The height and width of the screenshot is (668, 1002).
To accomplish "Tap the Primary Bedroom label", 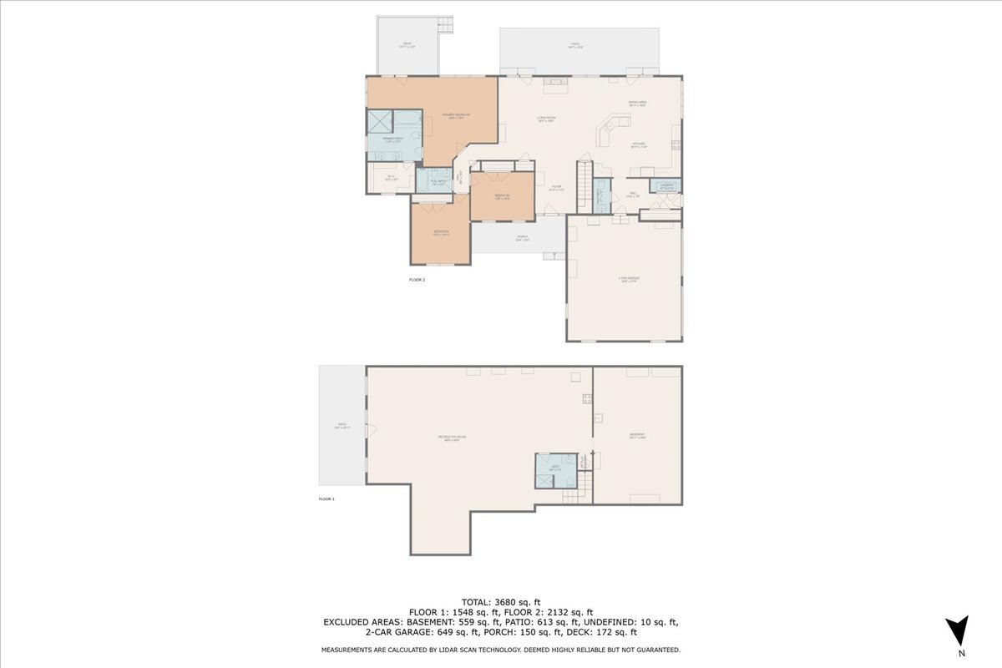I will (456, 116).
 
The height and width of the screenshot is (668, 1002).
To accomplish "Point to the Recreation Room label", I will (451, 438).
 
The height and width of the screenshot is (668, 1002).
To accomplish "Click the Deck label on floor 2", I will (407, 45).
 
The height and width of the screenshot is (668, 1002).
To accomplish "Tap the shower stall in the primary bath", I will (380, 122).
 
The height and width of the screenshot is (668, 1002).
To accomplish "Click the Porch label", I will (522, 238).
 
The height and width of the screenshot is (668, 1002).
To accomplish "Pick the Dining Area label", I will (638, 104).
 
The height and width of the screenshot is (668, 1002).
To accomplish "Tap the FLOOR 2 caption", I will (417, 280).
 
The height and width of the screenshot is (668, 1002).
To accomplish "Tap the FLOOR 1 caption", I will (326, 498).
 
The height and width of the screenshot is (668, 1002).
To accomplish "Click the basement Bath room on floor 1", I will (555, 469).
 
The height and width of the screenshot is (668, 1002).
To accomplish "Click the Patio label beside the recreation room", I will (342, 426).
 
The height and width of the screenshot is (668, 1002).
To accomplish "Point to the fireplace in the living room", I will (554, 81).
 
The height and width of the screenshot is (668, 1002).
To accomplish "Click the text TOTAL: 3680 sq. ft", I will (501, 602).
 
